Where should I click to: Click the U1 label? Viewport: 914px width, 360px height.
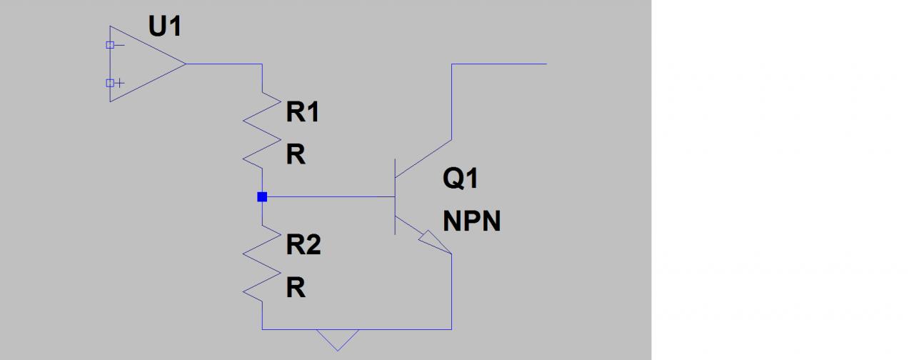[x=164, y=27]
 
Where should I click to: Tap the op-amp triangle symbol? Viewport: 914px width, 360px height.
[x=139, y=64]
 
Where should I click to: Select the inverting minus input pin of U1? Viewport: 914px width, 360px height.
[x=110, y=45]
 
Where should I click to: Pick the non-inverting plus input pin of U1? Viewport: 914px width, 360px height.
[x=110, y=83]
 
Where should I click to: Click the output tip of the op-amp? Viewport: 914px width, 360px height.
[x=186, y=64]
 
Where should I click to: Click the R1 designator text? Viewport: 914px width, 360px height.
[x=303, y=113]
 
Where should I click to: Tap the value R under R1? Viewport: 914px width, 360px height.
[x=296, y=155]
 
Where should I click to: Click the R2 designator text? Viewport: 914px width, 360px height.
[x=303, y=246]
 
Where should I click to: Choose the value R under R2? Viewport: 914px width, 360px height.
[x=296, y=288]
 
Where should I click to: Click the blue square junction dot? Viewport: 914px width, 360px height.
[x=262, y=196]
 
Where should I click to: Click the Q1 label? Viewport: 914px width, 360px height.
[x=461, y=179]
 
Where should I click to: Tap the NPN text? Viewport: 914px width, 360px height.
[x=471, y=221]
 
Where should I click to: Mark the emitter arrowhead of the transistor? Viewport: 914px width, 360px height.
[x=436, y=242]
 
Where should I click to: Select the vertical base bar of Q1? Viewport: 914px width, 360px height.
[x=395, y=196]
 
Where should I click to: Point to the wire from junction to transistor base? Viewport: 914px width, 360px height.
[x=328, y=196]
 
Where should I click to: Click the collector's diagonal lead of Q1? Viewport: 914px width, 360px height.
[x=423, y=157]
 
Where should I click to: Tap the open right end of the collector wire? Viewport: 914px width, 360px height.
[x=546, y=64]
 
